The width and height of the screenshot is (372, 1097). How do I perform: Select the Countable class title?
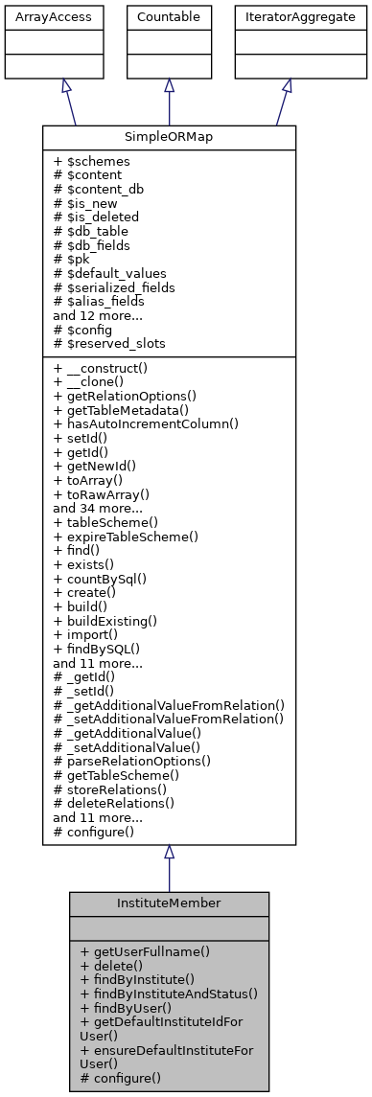click(169, 17)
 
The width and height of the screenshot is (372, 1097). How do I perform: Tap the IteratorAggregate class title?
click(287, 17)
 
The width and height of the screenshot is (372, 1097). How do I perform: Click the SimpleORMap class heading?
click(169, 137)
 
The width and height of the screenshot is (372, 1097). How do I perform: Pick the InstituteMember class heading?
click(169, 903)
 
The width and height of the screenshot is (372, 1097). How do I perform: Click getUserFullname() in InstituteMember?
click(145, 952)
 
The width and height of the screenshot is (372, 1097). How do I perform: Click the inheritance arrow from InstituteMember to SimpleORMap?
click(169, 867)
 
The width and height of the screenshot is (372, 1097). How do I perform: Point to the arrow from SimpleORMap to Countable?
click(169, 101)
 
